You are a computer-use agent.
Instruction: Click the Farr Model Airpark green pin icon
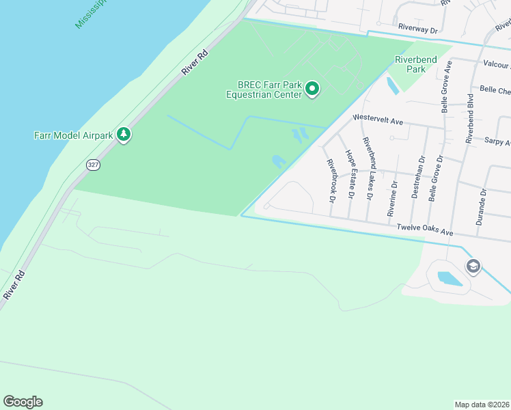tap(124, 135)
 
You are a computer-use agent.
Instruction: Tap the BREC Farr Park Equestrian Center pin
tap(312, 89)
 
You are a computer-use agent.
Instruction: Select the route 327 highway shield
tap(93, 165)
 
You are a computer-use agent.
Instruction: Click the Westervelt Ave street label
tap(378, 120)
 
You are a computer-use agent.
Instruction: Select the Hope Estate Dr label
tap(350, 174)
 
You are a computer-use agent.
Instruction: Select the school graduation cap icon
tap(473, 266)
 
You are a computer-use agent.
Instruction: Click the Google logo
tap(23, 402)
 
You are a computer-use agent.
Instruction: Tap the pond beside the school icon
tap(449, 278)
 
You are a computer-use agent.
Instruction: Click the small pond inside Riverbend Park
tap(392, 86)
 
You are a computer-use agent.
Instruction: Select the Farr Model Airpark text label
tap(73, 135)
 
